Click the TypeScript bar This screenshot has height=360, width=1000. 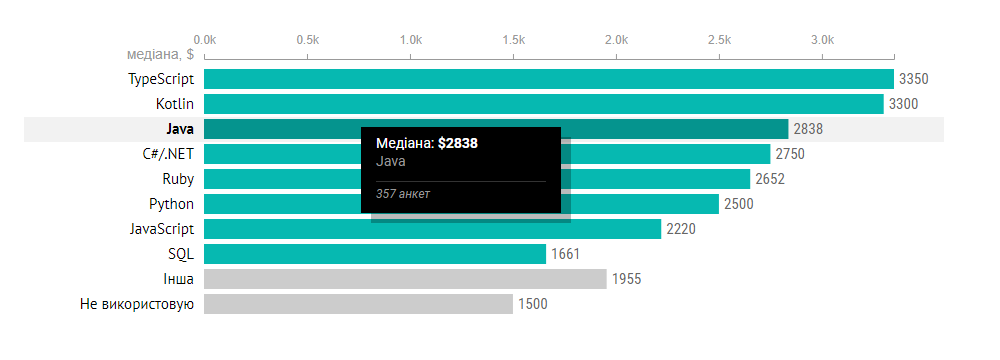coord(548,79)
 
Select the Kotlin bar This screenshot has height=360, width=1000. coord(543,104)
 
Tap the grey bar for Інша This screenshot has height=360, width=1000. coord(405,279)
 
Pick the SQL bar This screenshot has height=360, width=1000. coord(375,254)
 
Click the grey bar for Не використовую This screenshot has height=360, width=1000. coord(358,304)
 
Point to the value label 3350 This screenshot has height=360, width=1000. coord(915,79)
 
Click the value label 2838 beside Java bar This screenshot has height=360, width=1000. coord(808,129)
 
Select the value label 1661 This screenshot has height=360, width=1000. coord(565,254)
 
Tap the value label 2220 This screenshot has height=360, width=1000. coord(680,229)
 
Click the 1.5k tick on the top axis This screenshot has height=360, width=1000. coord(513,40)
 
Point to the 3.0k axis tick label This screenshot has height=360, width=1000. coord(822,40)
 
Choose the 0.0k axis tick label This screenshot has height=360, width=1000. coord(204,40)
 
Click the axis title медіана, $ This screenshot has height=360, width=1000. coord(160,54)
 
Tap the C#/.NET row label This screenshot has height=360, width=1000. coord(168,154)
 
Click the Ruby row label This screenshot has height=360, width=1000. coord(177,179)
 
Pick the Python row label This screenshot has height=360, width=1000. coord(171,204)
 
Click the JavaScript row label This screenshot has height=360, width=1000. coord(162,229)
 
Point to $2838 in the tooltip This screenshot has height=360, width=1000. coord(458,144)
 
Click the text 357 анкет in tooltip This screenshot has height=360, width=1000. coord(403,193)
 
